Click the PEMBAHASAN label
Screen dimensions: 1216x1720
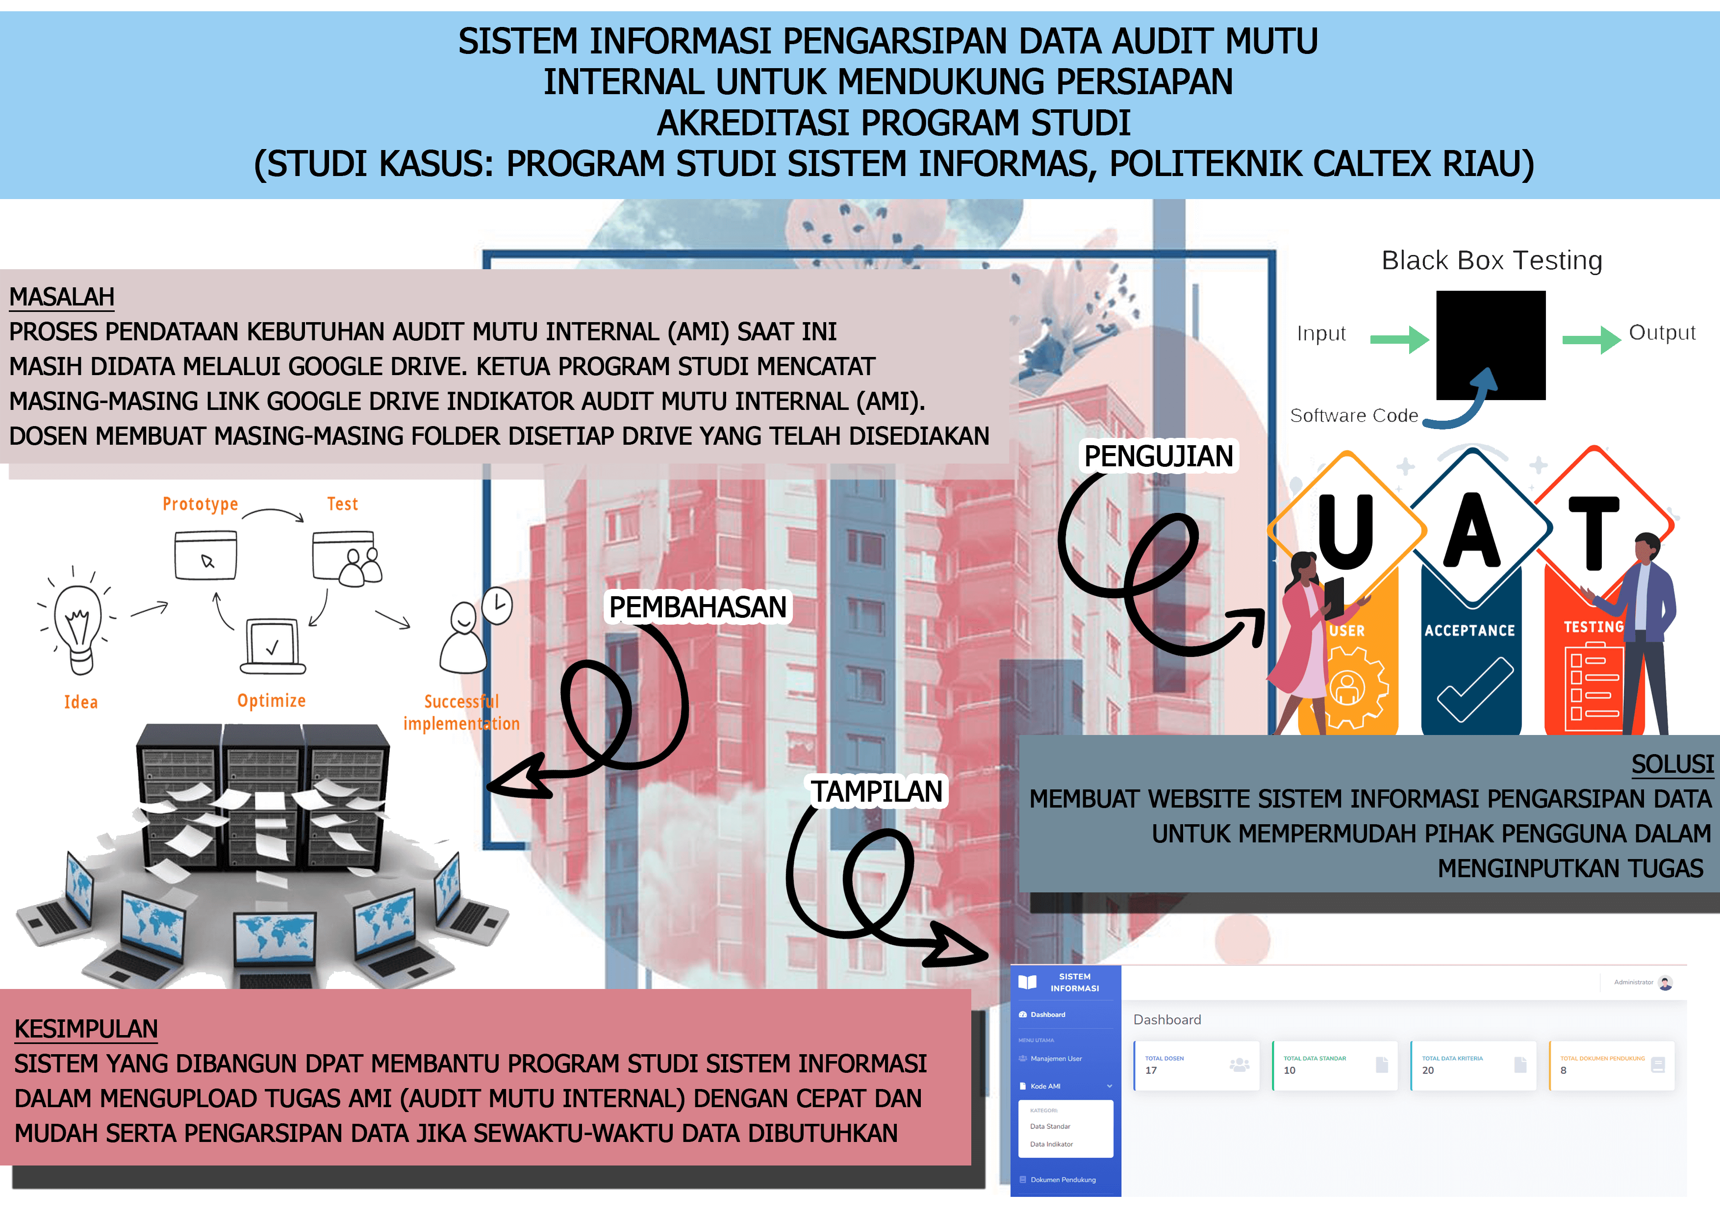697,607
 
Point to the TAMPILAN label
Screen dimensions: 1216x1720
877,791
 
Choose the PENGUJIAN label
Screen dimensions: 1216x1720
1158,456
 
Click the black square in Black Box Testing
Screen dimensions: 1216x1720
1491,345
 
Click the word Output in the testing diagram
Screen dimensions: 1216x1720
1662,332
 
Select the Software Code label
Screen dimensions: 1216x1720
1354,416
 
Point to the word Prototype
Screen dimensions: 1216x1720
200,504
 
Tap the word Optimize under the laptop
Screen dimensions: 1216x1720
271,701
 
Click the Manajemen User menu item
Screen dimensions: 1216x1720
1056,1059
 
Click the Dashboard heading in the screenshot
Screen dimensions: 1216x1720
1166,1020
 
